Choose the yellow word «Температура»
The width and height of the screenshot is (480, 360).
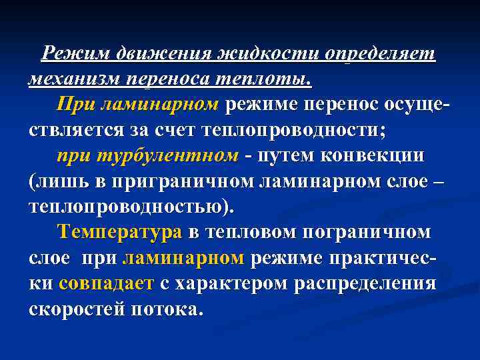120,233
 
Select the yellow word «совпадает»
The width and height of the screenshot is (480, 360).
106,284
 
